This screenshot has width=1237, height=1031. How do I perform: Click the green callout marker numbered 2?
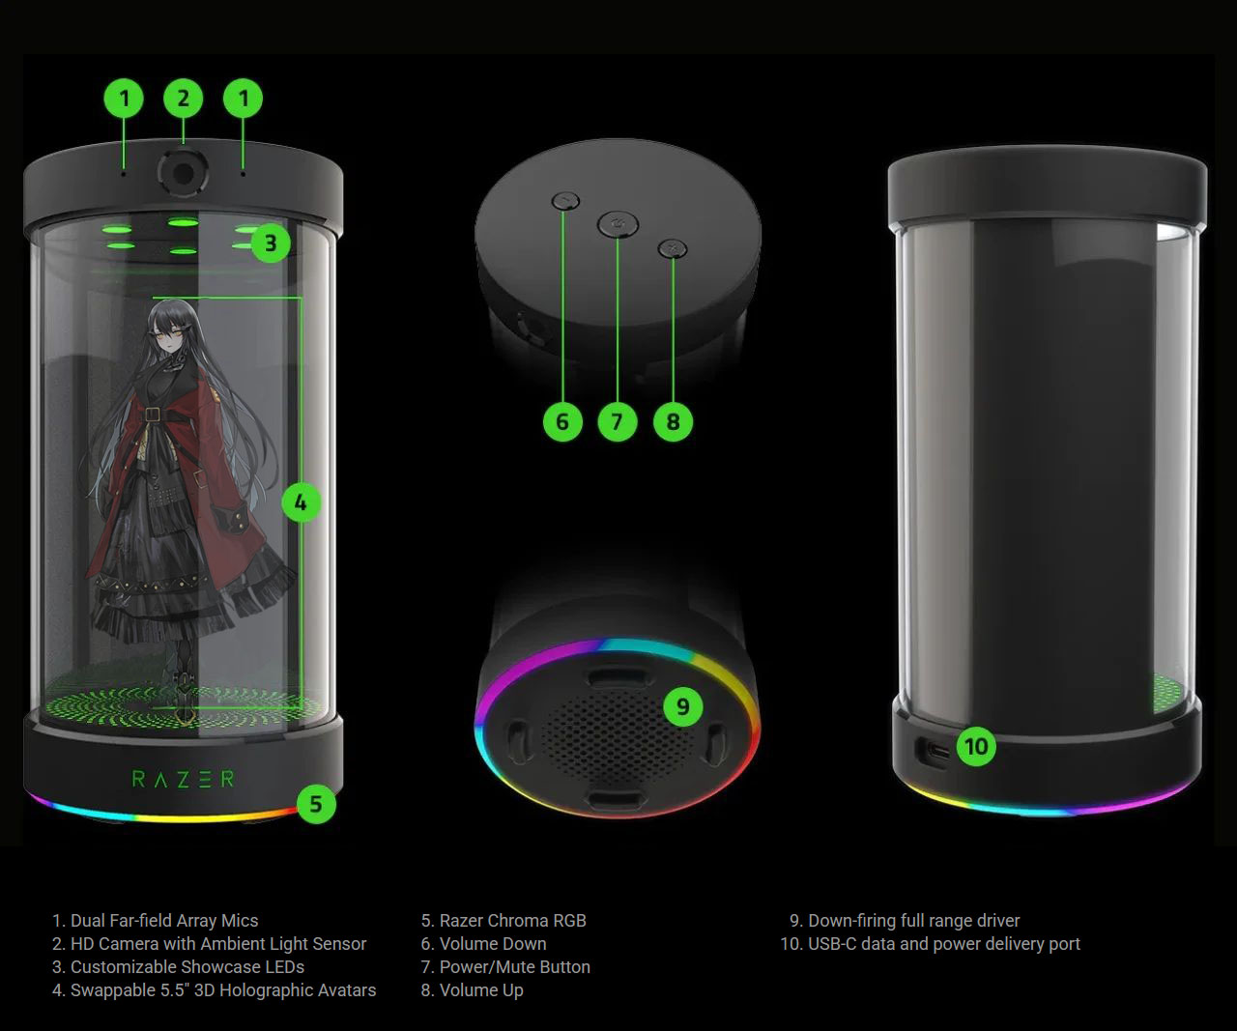[x=183, y=99]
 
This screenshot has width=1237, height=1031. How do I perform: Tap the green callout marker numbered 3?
[x=271, y=243]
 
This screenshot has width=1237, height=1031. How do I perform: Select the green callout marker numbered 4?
[x=301, y=502]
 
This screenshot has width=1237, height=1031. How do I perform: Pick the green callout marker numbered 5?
[x=316, y=804]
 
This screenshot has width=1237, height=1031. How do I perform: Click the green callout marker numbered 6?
[x=562, y=422]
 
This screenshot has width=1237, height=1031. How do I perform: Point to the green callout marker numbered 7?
[x=618, y=422]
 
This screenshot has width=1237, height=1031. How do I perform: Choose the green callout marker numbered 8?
[x=673, y=422]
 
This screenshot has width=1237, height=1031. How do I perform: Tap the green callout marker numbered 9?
[x=682, y=706]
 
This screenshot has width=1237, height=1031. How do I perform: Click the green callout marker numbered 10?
[x=976, y=747]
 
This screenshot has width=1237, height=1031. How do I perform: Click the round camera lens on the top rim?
[x=183, y=172]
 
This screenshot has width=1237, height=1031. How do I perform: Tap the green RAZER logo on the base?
[x=183, y=779]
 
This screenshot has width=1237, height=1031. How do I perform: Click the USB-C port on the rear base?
[x=934, y=754]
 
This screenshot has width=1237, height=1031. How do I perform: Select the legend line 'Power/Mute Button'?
[x=505, y=967]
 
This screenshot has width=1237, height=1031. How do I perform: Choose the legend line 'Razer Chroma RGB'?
[x=503, y=921]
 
